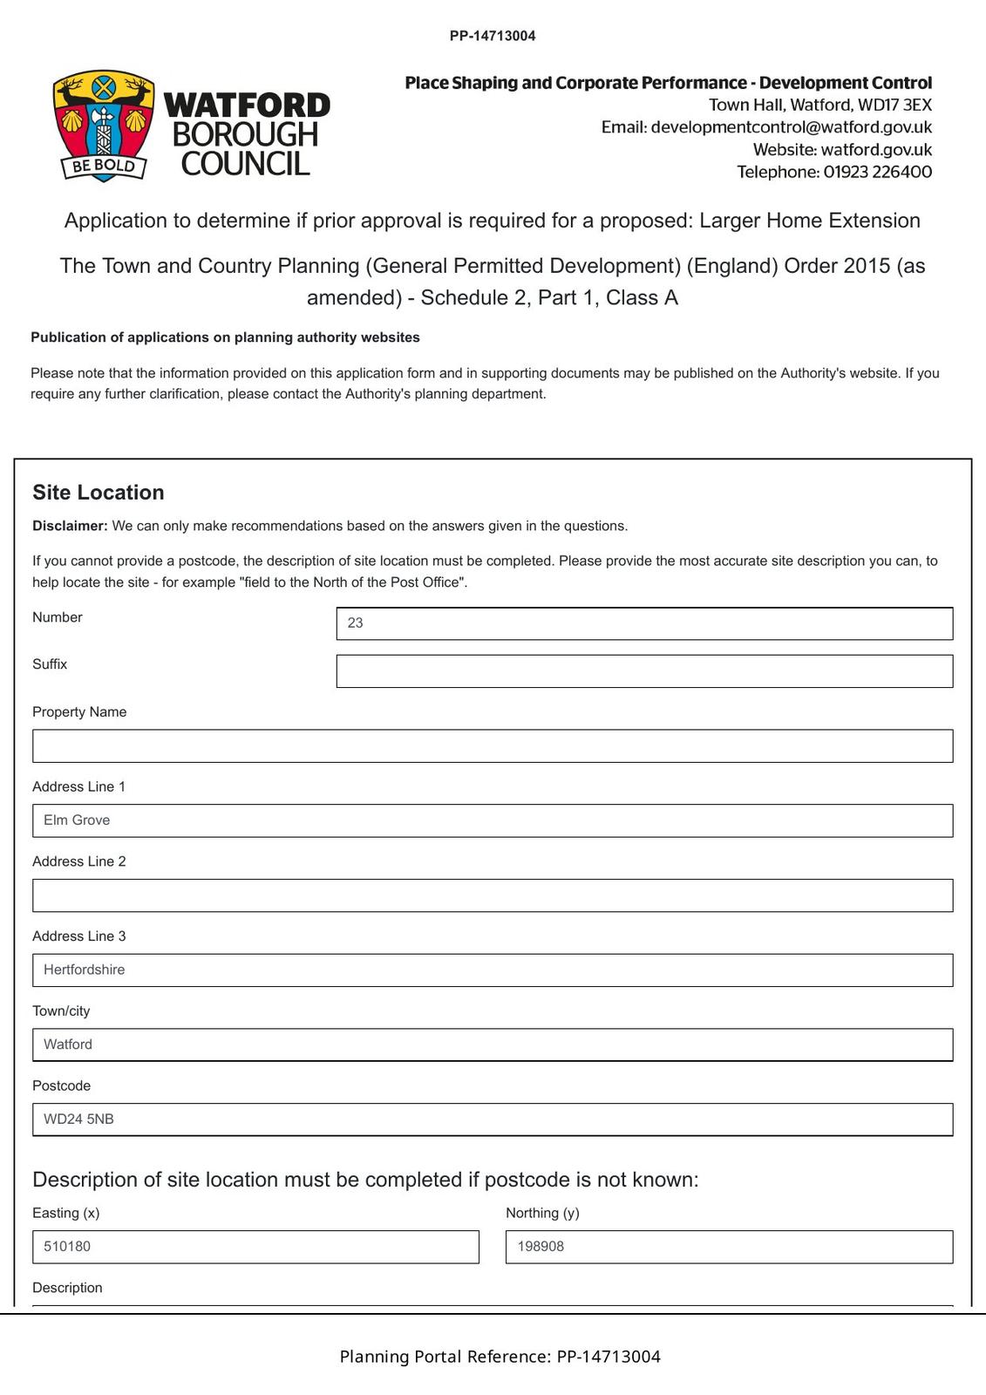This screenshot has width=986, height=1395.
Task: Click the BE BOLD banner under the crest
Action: pyautogui.click(x=103, y=166)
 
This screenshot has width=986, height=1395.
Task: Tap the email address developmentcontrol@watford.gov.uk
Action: pyautogui.click(x=791, y=127)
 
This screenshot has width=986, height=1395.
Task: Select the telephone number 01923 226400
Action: pyautogui.click(x=877, y=172)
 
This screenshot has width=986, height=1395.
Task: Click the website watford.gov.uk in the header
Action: pyautogui.click(x=875, y=150)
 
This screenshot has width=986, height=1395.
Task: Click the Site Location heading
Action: pyautogui.click(x=99, y=493)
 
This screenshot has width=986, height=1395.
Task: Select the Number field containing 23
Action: pyautogui.click(x=644, y=623)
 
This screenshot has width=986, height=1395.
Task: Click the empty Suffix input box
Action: pyautogui.click(x=644, y=671)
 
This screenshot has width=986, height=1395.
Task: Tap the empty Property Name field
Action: pyautogui.click(x=493, y=746)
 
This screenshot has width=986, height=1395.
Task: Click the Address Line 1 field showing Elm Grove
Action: pyautogui.click(x=493, y=820)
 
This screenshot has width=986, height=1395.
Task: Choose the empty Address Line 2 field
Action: pyautogui.click(x=493, y=895)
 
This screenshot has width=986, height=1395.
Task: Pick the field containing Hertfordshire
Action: pyautogui.click(x=493, y=970)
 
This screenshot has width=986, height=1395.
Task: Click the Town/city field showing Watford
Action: pyautogui.click(x=493, y=1045)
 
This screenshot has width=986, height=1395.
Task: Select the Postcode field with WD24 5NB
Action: pyautogui.click(x=493, y=1119)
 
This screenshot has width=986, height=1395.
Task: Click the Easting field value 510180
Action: pyautogui.click(x=255, y=1247)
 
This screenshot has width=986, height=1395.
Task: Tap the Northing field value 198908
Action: pyautogui.click(x=729, y=1247)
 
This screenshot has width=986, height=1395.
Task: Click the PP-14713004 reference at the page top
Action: pyautogui.click(x=493, y=36)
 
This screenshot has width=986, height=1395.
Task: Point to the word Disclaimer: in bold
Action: pyautogui.click(x=70, y=526)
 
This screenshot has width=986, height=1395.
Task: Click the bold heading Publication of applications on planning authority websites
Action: pyautogui.click(x=225, y=337)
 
